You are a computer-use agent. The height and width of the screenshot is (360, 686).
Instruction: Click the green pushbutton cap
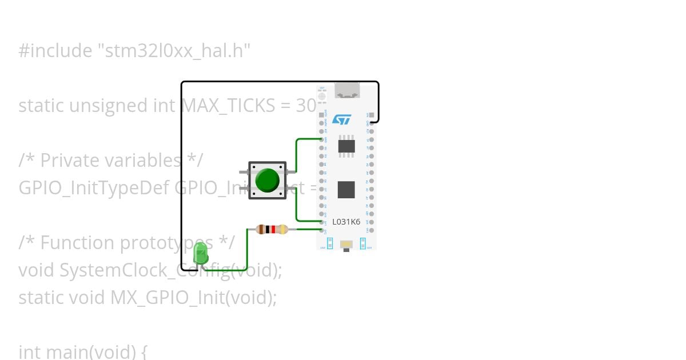coord(267,180)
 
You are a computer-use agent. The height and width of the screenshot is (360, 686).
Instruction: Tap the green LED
coord(201,253)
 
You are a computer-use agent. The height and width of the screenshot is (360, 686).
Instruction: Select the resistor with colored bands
coord(272,230)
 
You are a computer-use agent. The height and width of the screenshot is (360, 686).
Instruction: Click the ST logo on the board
coord(341,119)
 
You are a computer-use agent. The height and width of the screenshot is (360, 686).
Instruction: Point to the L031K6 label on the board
coord(346,222)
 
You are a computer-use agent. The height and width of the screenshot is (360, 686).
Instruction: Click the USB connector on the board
coord(346,90)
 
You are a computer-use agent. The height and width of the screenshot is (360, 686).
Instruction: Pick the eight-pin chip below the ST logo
coord(346,146)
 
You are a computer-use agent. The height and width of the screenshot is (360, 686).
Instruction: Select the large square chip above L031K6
coord(346,189)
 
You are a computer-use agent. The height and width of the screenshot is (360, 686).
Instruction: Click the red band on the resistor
coord(273,230)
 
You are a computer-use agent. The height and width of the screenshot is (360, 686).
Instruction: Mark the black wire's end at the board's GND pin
coord(372,122)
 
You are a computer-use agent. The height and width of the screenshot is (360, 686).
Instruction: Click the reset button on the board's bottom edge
coord(346,245)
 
